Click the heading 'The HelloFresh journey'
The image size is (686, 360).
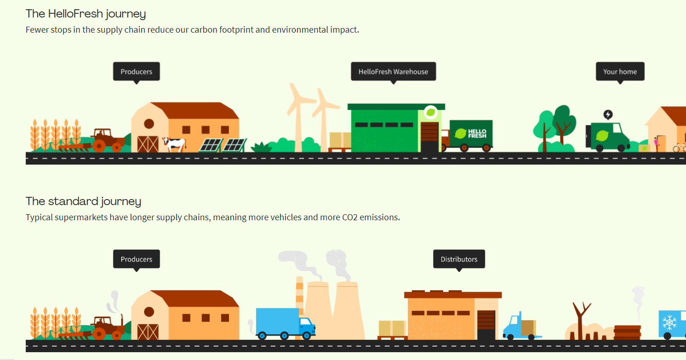coord(86,14)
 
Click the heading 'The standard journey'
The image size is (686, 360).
coord(83,201)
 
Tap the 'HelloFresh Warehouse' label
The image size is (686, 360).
coord(393,72)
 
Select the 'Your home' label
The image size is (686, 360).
coord(620,72)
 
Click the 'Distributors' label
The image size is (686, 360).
coord(459,259)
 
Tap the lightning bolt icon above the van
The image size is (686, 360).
coord(608,114)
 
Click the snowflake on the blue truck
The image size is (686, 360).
coord(669,322)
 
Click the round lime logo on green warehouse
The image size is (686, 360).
coord(431,112)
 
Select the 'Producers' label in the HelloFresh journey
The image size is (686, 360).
coord(136,72)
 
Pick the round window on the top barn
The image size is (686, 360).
coord(149,124)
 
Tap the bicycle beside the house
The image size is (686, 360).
coord(680,148)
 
